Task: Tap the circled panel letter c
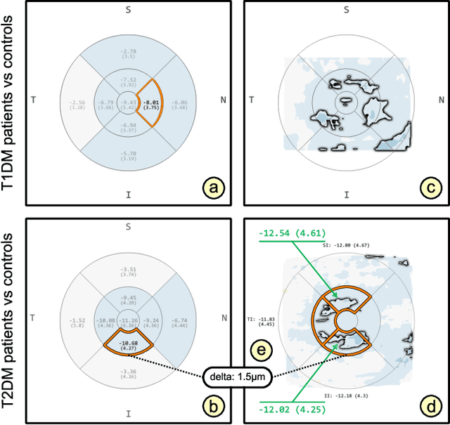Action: click(x=431, y=187)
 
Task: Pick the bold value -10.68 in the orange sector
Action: click(x=128, y=344)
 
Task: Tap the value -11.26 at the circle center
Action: click(x=128, y=320)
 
